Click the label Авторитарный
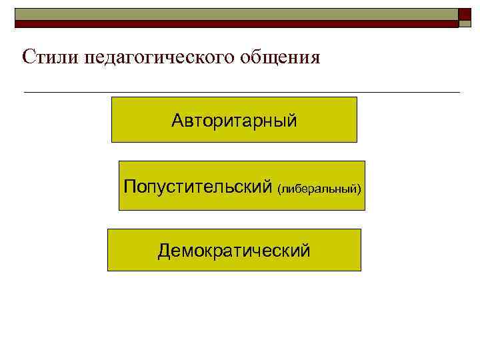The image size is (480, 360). click(234, 121)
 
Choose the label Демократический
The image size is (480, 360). click(234, 251)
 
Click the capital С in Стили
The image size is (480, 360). click(28, 57)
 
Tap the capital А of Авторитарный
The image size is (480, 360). click(177, 121)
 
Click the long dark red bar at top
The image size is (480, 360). click(237, 23)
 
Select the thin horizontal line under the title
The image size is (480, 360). click(241, 91)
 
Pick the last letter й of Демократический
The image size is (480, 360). click(306, 251)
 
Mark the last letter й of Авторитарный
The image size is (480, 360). click(293, 121)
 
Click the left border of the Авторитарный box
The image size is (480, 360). click(111, 119)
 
